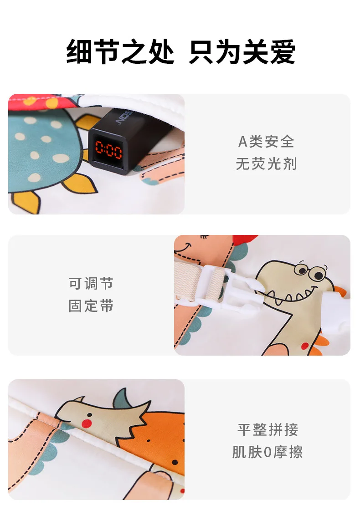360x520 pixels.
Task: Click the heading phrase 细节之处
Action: (120, 51)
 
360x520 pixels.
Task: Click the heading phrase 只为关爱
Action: (242, 51)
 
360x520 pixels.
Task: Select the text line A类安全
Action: (266, 142)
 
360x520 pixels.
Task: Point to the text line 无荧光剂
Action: (266, 164)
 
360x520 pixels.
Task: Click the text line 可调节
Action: (91, 284)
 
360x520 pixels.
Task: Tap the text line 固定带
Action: (91, 306)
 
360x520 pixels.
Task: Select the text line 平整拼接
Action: (267, 430)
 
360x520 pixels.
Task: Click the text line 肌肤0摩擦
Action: (267, 452)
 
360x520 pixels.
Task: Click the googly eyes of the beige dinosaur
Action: (311, 271)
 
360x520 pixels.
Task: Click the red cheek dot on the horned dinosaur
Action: (87, 423)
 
